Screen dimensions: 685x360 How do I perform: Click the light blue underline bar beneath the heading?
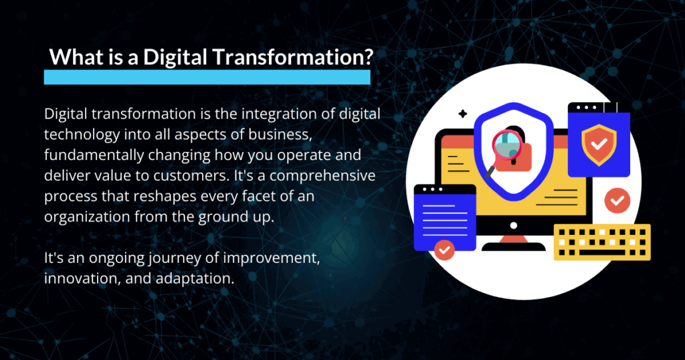[207, 78]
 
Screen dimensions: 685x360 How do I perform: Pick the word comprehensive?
[322, 176]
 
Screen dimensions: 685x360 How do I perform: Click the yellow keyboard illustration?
[602, 242]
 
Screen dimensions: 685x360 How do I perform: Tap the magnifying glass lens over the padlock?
[507, 145]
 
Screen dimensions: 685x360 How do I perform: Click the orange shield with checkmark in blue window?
[599, 145]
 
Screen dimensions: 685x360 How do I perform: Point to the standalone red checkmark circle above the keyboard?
[617, 201]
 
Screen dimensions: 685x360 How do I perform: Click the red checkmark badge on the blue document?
[445, 250]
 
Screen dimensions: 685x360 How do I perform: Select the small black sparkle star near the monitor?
[463, 114]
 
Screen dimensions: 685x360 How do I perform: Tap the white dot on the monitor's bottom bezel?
[514, 226]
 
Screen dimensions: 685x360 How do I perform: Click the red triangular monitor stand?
[514, 240]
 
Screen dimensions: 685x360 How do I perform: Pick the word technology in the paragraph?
[82, 135]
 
